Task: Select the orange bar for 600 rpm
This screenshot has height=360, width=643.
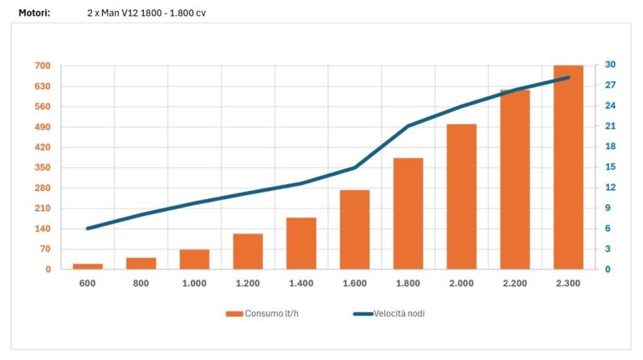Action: (x=87, y=266)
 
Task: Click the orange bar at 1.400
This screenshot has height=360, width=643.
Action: (x=301, y=244)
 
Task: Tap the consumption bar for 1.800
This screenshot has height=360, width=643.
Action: (x=408, y=213)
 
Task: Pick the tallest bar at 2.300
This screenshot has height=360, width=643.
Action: (x=568, y=167)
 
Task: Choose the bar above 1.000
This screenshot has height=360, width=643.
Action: (x=194, y=260)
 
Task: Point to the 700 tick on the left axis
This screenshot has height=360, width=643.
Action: (x=43, y=66)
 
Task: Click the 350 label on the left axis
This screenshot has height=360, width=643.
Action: (x=43, y=167)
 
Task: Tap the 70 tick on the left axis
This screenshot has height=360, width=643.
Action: (x=45, y=249)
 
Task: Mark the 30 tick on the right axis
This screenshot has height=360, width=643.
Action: (x=611, y=66)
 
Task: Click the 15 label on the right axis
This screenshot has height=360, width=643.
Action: (x=611, y=167)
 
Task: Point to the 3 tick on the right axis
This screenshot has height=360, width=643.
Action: (x=609, y=249)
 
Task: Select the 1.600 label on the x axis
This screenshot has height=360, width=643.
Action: (x=354, y=284)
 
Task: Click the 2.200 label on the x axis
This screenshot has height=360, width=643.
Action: (x=515, y=284)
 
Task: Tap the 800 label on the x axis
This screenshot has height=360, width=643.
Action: (x=141, y=284)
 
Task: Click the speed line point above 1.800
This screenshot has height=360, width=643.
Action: (x=408, y=126)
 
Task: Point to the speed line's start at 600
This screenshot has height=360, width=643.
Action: (x=87, y=229)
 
